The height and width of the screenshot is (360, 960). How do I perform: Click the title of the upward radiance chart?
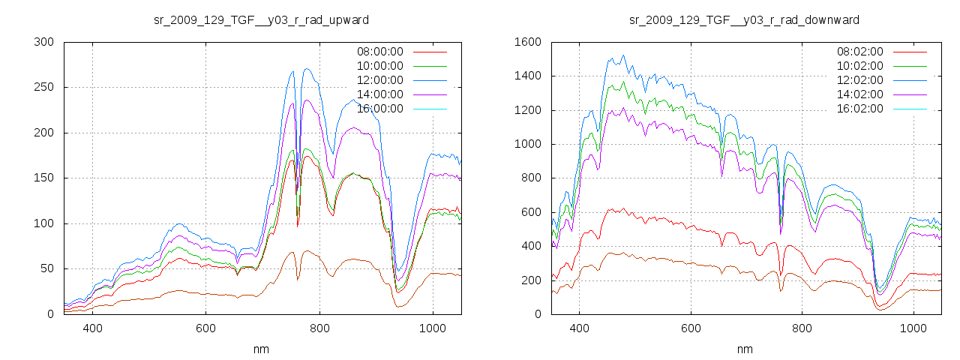coord(261,19)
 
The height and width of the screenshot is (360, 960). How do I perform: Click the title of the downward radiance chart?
coord(744,19)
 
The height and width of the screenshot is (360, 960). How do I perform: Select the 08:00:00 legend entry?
coord(379,52)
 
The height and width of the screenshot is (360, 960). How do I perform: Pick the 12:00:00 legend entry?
coord(379,80)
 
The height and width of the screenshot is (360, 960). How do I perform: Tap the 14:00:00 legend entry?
coord(379,94)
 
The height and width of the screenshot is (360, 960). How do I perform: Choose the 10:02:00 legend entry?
coord(859,66)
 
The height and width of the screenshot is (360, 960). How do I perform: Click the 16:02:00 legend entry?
coord(859,109)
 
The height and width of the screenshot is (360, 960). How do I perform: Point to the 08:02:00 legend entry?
coord(859,52)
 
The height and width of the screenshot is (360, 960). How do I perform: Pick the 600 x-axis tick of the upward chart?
coord(205,328)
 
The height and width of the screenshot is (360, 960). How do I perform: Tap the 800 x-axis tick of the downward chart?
coord(802,328)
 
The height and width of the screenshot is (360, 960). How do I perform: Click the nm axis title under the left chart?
coord(261,349)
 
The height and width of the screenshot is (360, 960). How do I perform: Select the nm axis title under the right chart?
coord(744,349)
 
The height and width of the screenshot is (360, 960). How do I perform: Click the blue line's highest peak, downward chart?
coord(622,55)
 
